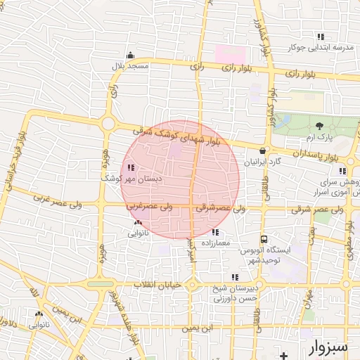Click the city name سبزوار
[328, 347]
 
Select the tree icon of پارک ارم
[321, 126]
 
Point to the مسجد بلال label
[129, 65]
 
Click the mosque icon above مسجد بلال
[129, 56]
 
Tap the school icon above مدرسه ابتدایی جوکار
[321, 37]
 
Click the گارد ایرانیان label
[262, 161]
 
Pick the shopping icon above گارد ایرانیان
[262, 150]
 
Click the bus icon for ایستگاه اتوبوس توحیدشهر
[264, 239]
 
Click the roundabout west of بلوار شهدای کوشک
[108, 124]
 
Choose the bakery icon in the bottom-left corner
[39, 314]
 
